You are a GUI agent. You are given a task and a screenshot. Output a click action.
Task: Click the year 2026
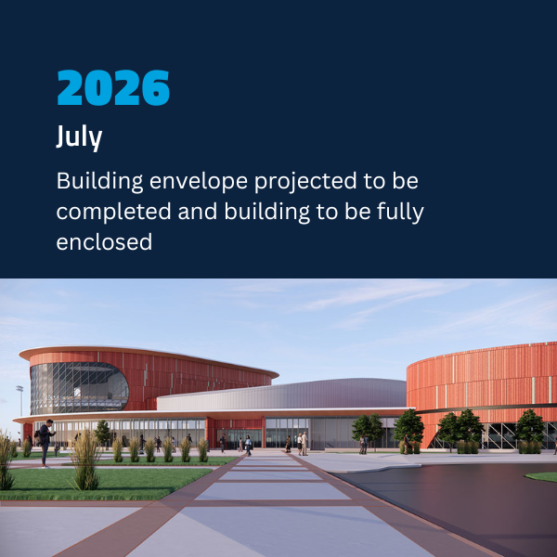(113, 88)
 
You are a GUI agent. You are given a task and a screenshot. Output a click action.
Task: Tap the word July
(79, 137)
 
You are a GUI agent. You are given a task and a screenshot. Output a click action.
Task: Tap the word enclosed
(104, 241)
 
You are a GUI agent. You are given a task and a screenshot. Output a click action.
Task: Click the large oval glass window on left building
(79, 388)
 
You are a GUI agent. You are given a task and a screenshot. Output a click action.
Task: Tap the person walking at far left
(45, 441)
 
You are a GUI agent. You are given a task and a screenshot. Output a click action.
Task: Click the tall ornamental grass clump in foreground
(85, 461)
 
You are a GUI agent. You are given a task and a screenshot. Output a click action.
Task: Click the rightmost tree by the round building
(530, 428)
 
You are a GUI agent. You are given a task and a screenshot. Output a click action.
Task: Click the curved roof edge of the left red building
(149, 355)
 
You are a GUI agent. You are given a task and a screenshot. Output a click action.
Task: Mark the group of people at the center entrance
(299, 443)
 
